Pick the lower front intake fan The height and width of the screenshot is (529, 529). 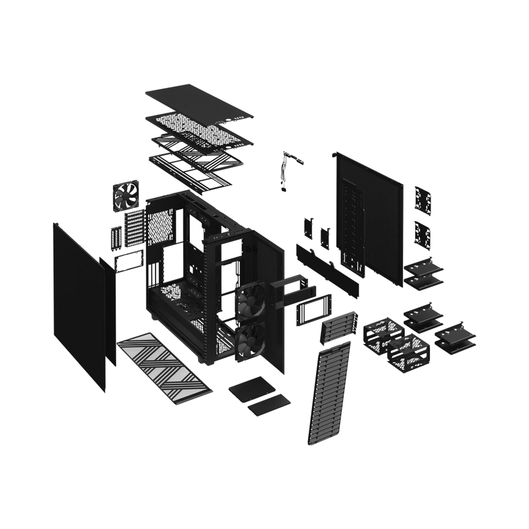click(251, 340)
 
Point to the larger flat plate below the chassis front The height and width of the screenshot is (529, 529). click(249, 390)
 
